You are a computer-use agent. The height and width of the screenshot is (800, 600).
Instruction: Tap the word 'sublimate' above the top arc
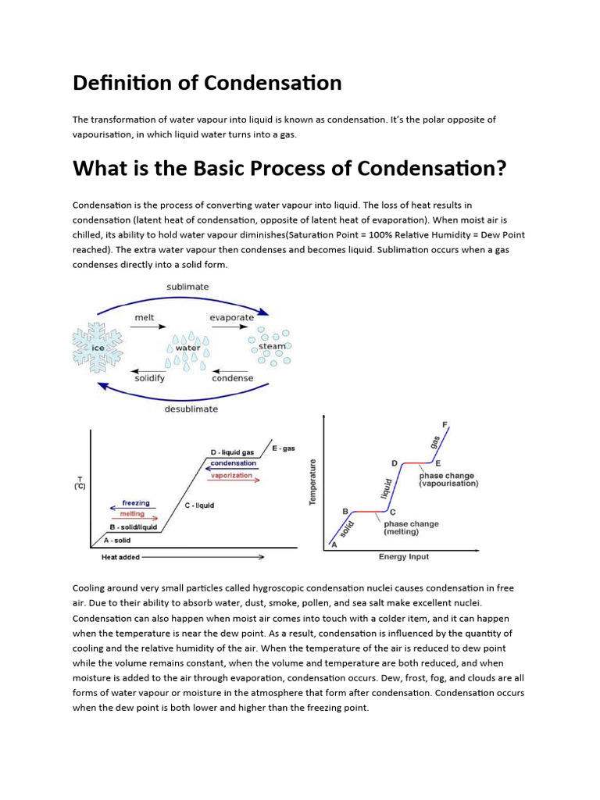[x=187, y=287]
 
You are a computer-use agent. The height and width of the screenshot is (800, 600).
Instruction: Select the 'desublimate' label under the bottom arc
[x=191, y=409]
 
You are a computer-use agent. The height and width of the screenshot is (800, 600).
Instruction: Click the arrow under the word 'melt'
[x=144, y=327]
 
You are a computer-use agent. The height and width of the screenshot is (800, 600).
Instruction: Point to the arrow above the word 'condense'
[x=232, y=370]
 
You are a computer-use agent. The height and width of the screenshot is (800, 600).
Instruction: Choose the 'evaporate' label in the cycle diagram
[x=232, y=318]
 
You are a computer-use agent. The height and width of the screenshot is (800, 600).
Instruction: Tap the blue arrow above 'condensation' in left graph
[x=233, y=469]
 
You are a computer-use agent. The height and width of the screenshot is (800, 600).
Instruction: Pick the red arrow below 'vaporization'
[x=234, y=480]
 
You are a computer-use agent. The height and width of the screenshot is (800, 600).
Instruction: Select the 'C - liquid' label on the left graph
[x=199, y=505]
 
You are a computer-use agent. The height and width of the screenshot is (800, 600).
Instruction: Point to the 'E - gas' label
[x=283, y=448]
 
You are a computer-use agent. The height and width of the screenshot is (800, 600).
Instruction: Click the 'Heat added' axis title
[x=120, y=558]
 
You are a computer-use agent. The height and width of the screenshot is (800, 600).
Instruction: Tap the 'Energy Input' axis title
[x=403, y=557]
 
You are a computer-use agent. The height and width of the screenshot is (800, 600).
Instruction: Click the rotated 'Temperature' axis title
[x=312, y=481]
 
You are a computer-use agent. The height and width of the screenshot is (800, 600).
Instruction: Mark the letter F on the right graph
[x=445, y=425]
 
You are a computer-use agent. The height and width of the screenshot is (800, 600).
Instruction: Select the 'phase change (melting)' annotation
[x=411, y=528]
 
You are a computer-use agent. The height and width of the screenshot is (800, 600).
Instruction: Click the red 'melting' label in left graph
[x=131, y=514]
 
